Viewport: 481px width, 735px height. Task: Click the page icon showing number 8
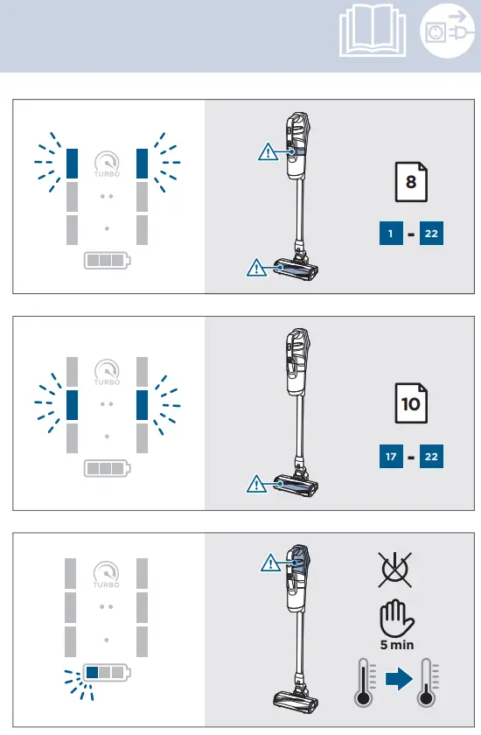coord(411,182)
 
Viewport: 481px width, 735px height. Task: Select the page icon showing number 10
coord(411,402)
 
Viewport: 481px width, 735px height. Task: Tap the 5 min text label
coord(396,645)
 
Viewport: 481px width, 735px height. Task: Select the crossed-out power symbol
coord(396,570)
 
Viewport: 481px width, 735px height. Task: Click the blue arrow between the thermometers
coord(398,680)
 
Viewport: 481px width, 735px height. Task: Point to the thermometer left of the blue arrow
coord(363,682)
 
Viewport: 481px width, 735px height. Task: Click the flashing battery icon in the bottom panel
coord(105,673)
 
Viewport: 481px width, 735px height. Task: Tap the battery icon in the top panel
coord(106,261)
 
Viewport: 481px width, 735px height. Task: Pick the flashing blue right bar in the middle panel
coord(142,403)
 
